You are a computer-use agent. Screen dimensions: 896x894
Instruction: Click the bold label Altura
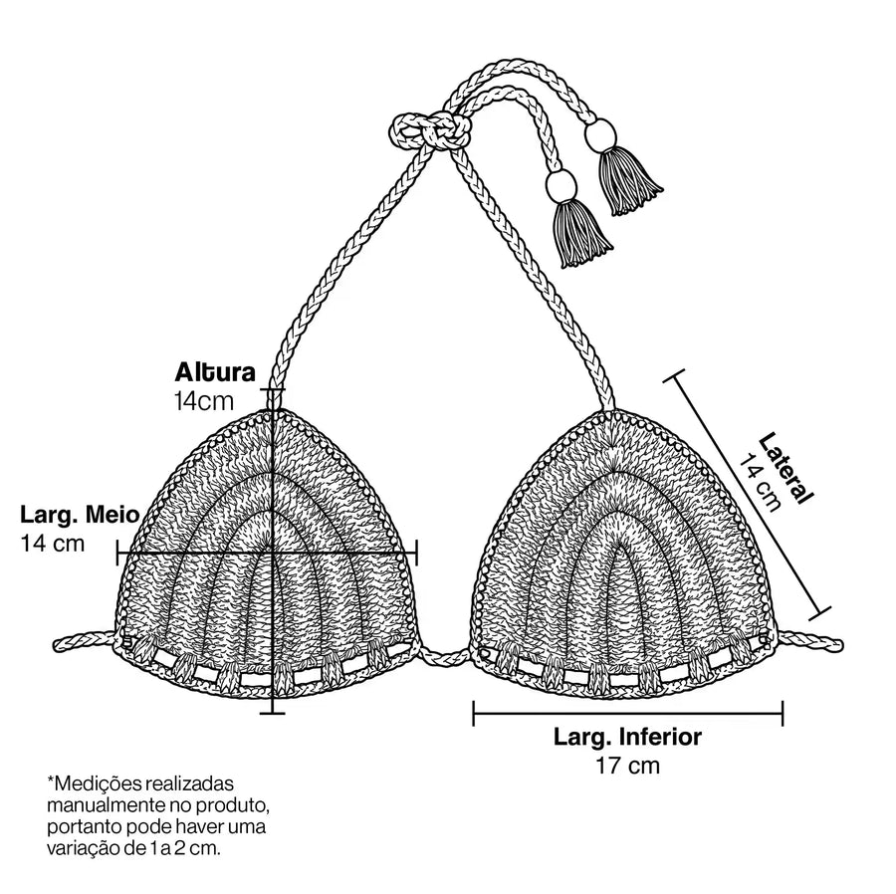(215, 372)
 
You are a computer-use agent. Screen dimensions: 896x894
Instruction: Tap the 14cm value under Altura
(204, 401)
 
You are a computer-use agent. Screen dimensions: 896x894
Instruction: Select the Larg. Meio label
(80, 515)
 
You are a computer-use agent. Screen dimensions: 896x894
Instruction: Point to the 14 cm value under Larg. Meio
(53, 543)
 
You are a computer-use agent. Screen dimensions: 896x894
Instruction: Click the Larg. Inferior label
(627, 737)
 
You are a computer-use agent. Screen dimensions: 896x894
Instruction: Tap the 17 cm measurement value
(628, 766)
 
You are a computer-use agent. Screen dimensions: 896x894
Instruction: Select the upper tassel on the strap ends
(629, 179)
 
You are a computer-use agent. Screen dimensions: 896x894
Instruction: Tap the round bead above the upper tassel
(600, 135)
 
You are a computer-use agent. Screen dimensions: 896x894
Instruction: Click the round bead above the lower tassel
(561, 184)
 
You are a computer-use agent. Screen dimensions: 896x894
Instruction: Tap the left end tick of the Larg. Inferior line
(474, 713)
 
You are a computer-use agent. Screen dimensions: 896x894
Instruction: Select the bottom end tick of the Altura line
(273, 713)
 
